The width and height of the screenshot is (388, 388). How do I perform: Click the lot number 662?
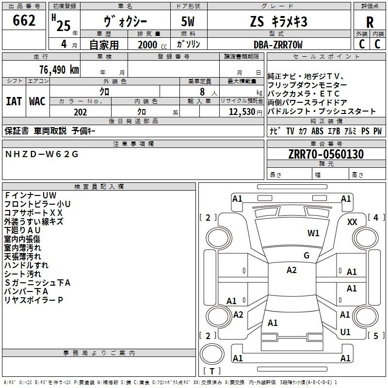pyautogui.click(x=24, y=20)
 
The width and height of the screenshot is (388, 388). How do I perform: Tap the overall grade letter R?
pyautogui.click(x=370, y=22)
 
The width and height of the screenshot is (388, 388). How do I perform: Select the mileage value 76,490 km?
pyautogui.click(x=59, y=70)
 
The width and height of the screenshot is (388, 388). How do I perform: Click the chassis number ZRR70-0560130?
pyautogui.click(x=326, y=154)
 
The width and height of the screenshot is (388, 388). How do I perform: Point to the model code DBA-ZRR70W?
pyautogui.click(x=278, y=45)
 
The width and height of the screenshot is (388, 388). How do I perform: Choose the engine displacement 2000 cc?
pyautogui.click(x=152, y=45)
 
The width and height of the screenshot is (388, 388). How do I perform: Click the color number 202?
pyautogui.click(x=80, y=112)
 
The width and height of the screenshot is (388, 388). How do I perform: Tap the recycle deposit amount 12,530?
pyautogui.click(x=242, y=112)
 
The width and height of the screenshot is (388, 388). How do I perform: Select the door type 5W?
pyautogui.click(x=188, y=21)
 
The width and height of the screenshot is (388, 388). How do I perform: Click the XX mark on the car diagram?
pyautogui.click(x=352, y=222)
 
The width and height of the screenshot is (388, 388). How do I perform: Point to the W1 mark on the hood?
pyautogui.click(x=313, y=233)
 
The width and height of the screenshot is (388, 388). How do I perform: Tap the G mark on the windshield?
pyautogui.click(x=307, y=256)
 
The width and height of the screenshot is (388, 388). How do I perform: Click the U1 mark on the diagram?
pyautogui.click(x=345, y=332)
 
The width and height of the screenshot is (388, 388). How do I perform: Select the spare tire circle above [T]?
pyautogui.click(x=212, y=354)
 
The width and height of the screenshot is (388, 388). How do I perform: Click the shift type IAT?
pyautogui.click(x=14, y=101)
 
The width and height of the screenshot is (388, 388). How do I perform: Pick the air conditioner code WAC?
pyautogui.click(x=37, y=101)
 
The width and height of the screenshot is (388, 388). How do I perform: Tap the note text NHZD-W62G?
pyautogui.click(x=42, y=154)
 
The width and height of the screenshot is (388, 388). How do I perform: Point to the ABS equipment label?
pyautogui.click(x=317, y=131)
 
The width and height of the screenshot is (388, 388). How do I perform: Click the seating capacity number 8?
pyautogui.click(x=202, y=92)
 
